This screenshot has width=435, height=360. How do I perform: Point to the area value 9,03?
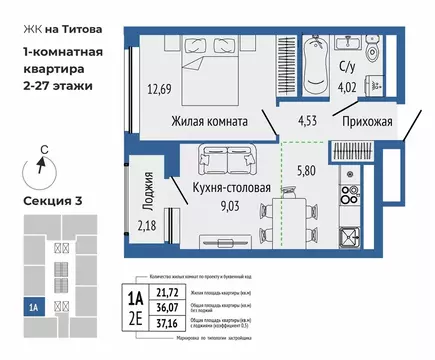click(202, 208)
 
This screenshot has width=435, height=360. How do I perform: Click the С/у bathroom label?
click(349, 69)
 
